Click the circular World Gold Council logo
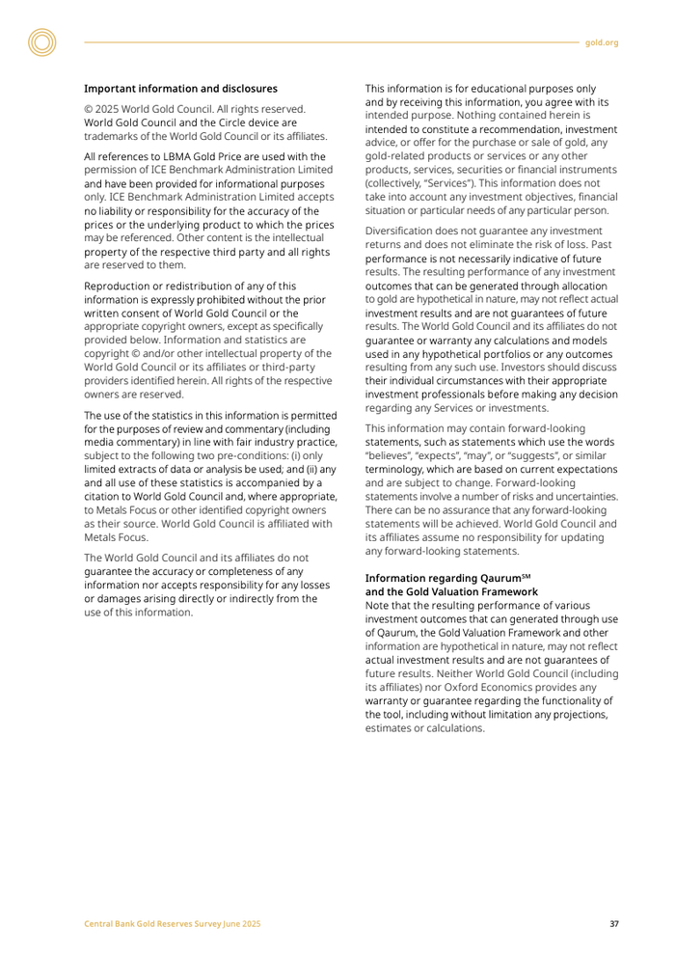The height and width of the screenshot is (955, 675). click(x=41, y=41)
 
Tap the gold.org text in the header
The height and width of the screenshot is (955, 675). click(x=602, y=42)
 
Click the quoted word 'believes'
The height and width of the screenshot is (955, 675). click(x=390, y=455)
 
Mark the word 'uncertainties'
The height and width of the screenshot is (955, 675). click(x=581, y=496)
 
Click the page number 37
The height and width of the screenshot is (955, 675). click(x=614, y=924)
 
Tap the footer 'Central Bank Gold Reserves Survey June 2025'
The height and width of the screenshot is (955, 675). click(x=170, y=924)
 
